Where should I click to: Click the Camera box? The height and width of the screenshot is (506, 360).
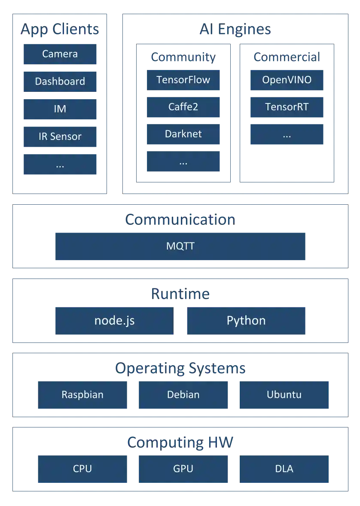pyautogui.click(x=60, y=54)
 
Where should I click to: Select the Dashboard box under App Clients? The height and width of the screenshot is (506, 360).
pyautogui.click(x=60, y=81)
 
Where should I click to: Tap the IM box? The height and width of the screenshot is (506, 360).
pyautogui.click(x=60, y=109)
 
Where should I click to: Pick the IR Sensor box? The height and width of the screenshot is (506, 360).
pyautogui.click(x=60, y=136)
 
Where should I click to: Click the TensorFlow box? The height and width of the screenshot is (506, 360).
pyautogui.click(x=183, y=80)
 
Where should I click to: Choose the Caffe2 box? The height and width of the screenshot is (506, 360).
pyautogui.click(x=183, y=107)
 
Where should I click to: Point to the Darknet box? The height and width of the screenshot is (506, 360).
pyautogui.click(x=183, y=134)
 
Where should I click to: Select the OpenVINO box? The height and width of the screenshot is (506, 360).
pyautogui.click(x=287, y=80)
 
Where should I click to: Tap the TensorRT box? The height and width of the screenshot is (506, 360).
pyautogui.click(x=287, y=107)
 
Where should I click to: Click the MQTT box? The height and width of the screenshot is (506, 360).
pyautogui.click(x=180, y=246)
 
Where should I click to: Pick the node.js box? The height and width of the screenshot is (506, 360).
pyautogui.click(x=115, y=321)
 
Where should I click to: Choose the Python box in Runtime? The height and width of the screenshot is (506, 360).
pyautogui.click(x=246, y=321)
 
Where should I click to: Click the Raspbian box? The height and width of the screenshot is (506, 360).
pyautogui.click(x=82, y=395)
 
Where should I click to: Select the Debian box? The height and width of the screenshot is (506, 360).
pyautogui.click(x=183, y=395)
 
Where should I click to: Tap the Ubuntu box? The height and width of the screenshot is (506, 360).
pyautogui.click(x=284, y=395)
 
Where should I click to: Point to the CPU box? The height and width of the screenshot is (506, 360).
pyautogui.click(x=82, y=469)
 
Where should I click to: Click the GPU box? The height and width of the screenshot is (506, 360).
pyautogui.click(x=183, y=469)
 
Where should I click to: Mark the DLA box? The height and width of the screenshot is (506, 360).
pyautogui.click(x=284, y=469)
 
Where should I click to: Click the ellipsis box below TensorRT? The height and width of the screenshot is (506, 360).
pyautogui.click(x=287, y=134)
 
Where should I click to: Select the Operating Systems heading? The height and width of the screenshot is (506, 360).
pyautogui.click(x=180, y=368)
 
